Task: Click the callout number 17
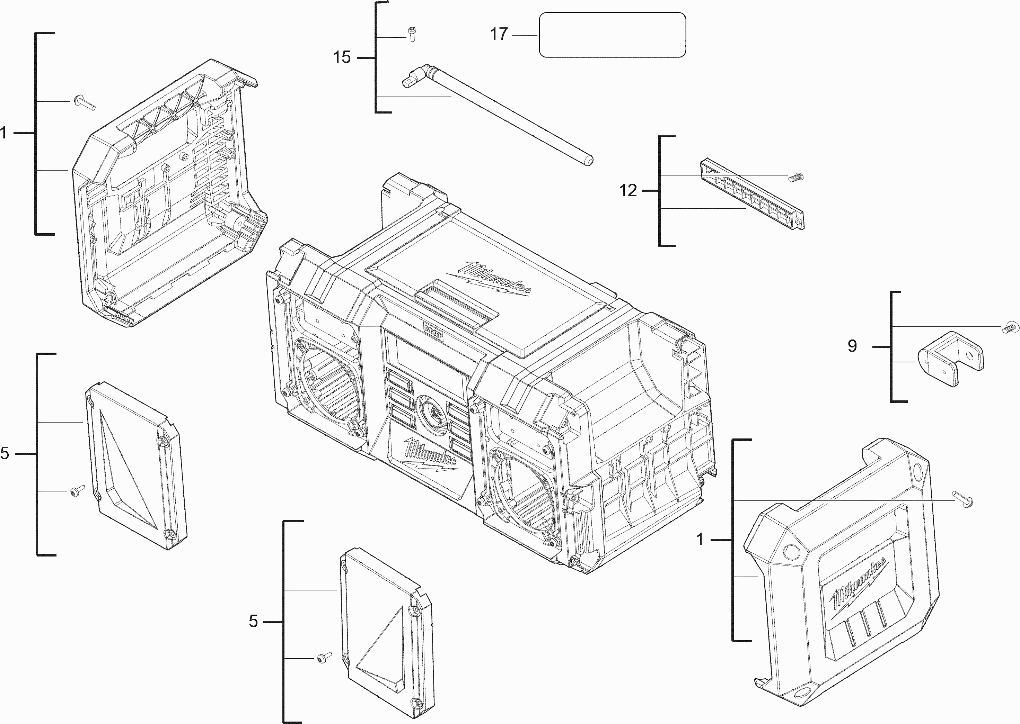(499, 34)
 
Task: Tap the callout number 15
(342, 57)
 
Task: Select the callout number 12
(628, 191)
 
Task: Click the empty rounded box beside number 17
(612, 35)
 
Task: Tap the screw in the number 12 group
(795, 178)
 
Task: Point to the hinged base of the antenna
(416, 76)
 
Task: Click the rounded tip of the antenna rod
(589, 161)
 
